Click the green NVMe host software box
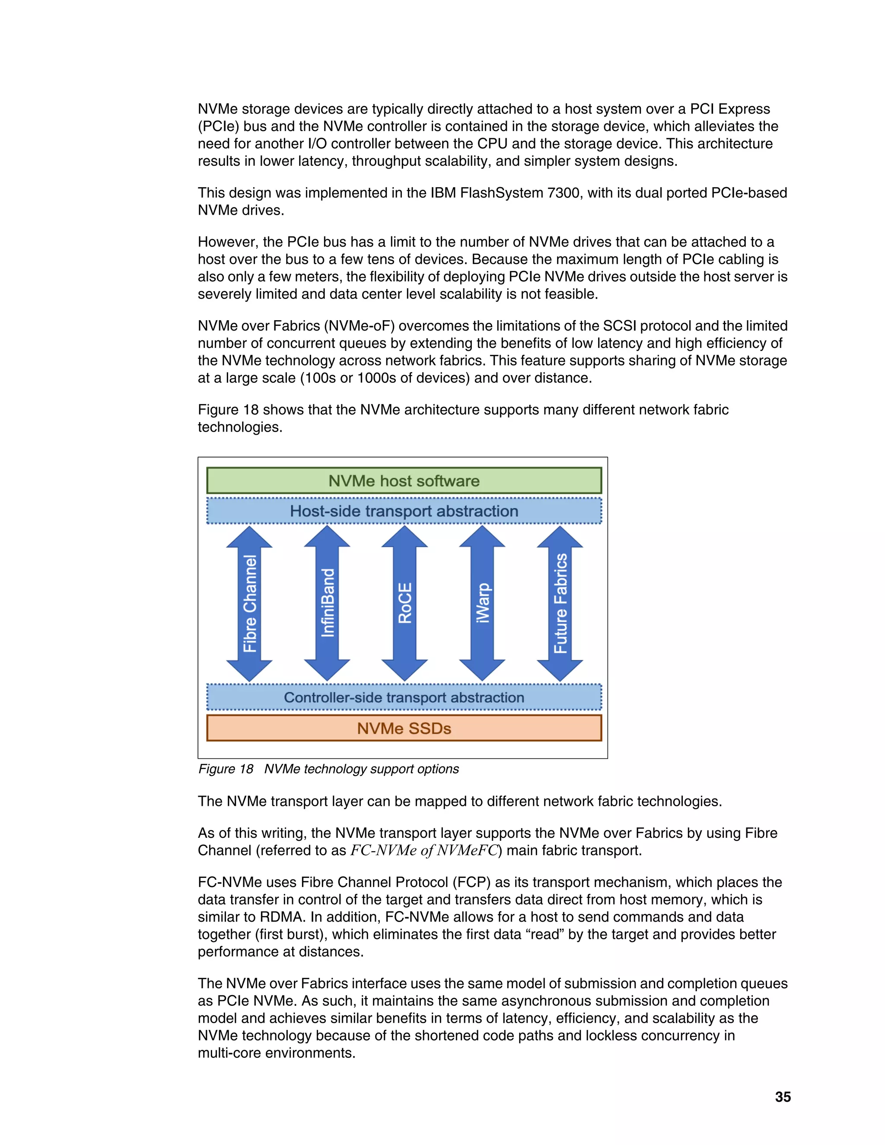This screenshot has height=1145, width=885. (x=404, y=481)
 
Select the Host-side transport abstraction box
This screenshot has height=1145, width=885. (x=404, y=511)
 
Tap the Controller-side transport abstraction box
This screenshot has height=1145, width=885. (x=404, y=697)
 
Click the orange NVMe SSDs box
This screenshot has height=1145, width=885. (x=404, y=728)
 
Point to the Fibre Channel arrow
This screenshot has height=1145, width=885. (x=250, y=604)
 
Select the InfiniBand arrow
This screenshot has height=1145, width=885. (x=327, y=604)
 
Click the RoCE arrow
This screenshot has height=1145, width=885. (x=405, y=604)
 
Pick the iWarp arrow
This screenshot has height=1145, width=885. (x=482, y=604)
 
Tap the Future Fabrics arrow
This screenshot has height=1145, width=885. (x=560, y=604)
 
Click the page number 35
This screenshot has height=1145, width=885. (x=783, y=1097)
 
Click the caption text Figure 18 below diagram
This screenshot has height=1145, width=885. (x=226, y=769)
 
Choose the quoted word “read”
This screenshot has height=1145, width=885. (x=545, y=934)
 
